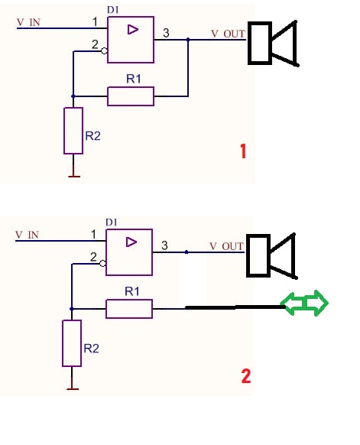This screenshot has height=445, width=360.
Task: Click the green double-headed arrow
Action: (304, 303)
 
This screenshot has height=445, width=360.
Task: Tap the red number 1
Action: (243, 151)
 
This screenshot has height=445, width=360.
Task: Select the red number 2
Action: (246, 376)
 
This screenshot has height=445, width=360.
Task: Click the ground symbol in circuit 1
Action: (74, 176)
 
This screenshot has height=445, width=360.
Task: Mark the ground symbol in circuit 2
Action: (73, 389)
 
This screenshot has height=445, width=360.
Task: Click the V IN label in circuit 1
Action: (28, 22)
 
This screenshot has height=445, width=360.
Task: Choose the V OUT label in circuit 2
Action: (226, 246)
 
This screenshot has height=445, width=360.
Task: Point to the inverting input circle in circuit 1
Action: (104, 51)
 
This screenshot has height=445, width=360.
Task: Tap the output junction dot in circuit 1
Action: (188, 40)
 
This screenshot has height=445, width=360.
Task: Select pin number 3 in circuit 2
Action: (164, 245)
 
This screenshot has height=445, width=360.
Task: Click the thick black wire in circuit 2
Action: (235, 307)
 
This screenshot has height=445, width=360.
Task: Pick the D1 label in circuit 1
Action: (112, 10)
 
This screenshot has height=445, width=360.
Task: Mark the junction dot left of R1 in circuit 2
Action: (72, 309)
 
